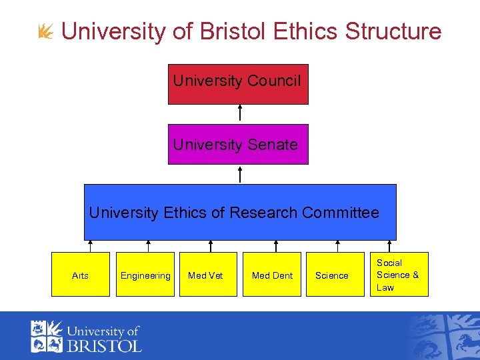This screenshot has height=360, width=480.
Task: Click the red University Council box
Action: click(x=238, y=84)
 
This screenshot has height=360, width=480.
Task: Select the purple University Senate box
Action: click(x=238, y=144)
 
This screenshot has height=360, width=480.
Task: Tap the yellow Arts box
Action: click(x=80, y=275)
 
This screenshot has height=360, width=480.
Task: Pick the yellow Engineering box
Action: click(x=145, y=275)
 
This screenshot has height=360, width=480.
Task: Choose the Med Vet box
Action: click(x=205, y=275)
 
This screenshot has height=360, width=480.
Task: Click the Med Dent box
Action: click(x=272, y=275)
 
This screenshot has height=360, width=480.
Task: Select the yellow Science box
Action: click(x=332, y=275)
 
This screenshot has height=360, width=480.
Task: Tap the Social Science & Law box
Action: click(x=398, y=275)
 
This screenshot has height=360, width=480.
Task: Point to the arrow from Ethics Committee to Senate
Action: click(x=240, y=174)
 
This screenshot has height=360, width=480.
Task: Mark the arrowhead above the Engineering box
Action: click(x=148, y=243)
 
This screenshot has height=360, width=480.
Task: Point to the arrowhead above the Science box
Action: click(x=338, y=243)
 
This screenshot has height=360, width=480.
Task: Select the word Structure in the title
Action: click(x=393, y=31)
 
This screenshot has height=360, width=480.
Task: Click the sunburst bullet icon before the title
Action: click(x=46, y=31)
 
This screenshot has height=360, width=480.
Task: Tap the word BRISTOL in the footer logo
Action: click(x=104, y=345)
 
